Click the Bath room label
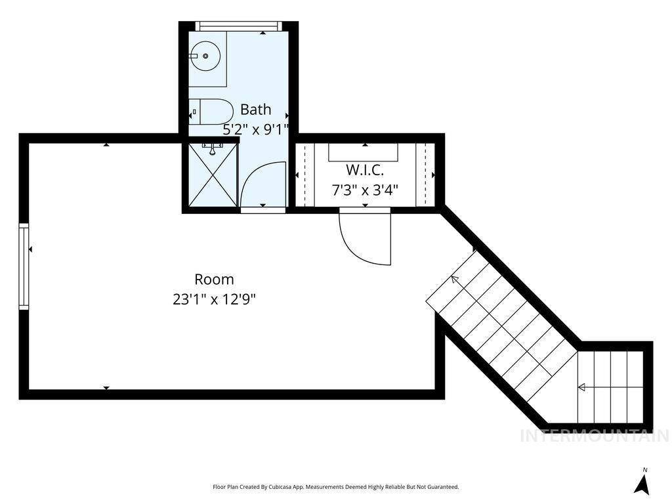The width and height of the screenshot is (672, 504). [255, 110]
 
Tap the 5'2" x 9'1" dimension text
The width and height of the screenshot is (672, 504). [256, 130]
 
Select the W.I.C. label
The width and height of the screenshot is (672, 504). [364, 170]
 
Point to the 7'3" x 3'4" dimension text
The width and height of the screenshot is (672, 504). [365, 191]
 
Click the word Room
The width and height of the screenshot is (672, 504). [214, 279]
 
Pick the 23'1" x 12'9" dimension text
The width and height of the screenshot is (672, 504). [214, 300]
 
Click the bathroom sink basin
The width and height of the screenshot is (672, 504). [206, 56]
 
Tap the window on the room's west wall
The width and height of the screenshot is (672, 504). [24, 266]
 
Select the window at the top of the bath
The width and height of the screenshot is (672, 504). [239, 26]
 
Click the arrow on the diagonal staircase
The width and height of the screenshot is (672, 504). [455, 280]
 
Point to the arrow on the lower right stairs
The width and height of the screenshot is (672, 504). [581, 388]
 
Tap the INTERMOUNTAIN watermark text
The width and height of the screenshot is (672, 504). [594, 436]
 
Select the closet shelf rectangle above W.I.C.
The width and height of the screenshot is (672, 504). [364, 153]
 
